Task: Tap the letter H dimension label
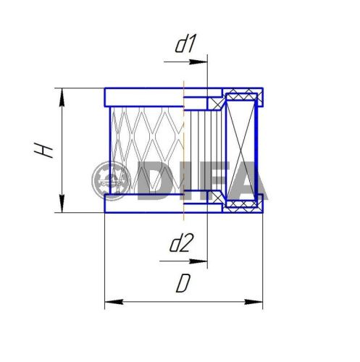(x=45, y=150)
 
